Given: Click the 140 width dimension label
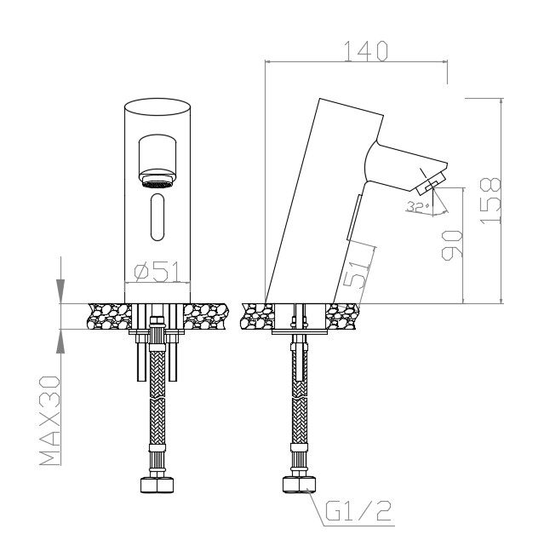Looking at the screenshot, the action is click(365, 51).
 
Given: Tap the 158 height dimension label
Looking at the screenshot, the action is click(490, 201).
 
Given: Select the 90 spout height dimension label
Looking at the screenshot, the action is click(452, 245).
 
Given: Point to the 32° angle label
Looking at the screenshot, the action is click(418, 207).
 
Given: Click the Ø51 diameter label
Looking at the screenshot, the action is click(157, 272).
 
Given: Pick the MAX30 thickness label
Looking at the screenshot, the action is click(49, 421).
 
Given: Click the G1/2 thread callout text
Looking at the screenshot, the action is click(358, 511).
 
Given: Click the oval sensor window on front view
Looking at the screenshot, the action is click(157, 217).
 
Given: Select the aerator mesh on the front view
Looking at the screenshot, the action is click(157, 184).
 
